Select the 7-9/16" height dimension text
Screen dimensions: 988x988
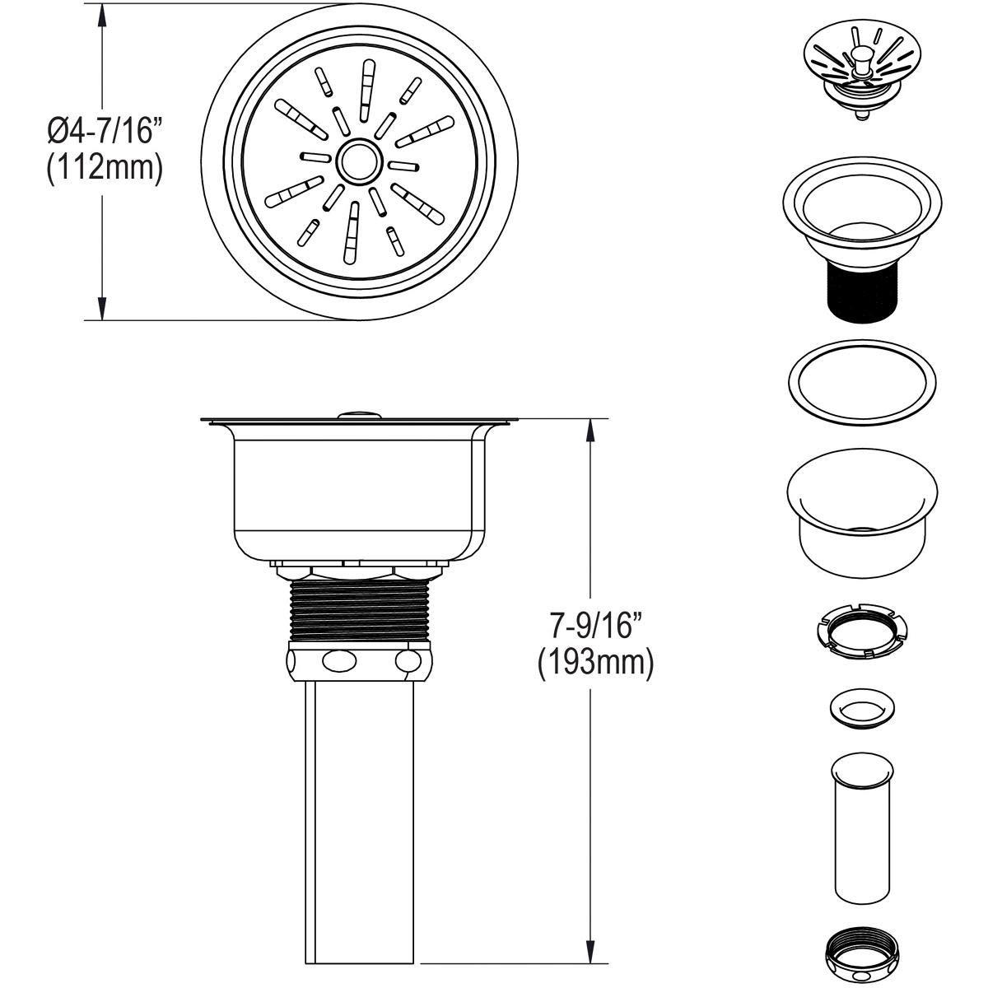tap(595, 627)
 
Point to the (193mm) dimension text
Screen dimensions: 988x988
tap(595, 664)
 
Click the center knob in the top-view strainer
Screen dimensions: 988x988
tap(359, 161)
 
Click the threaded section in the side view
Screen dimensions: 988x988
tap(358, 609)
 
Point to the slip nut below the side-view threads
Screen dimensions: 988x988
tap(358, 660)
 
